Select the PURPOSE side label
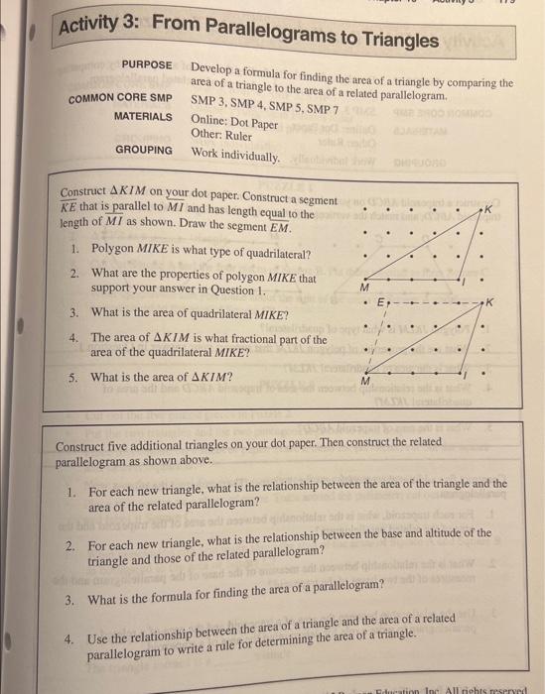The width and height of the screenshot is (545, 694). coord(146,63)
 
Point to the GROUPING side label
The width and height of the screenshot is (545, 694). coord(143,150)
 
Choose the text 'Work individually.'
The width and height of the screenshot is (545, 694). coord(236,155)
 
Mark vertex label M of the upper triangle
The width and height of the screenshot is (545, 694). coord(364,286)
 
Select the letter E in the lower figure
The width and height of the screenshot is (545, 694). coord(378,299)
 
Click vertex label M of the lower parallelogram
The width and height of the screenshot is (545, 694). coord(364,381)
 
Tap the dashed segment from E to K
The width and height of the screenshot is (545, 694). coord(437,300)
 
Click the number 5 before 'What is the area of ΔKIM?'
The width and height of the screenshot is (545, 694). coord(72,377)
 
